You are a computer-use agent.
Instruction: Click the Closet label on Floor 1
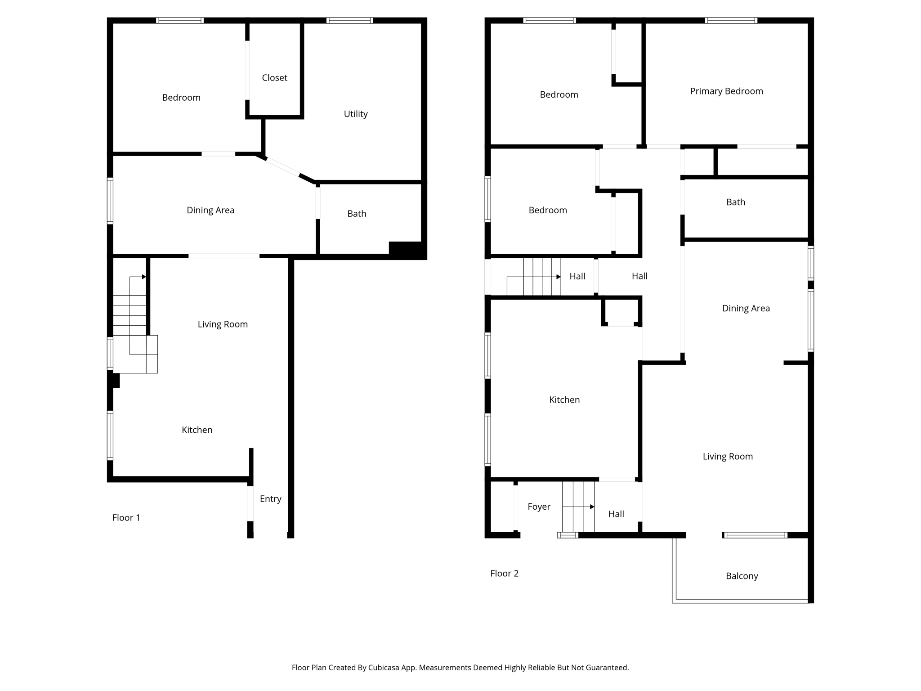point(274,78)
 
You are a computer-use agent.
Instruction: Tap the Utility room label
point(356,114)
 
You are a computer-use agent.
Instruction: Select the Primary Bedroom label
point(726,91)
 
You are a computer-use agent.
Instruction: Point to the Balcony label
point(742,576)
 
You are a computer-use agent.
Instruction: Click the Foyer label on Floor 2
point(539,507)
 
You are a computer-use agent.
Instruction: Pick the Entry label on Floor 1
point(270,499)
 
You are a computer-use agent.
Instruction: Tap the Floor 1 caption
point(126,518)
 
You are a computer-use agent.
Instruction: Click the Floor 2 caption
point(504,574)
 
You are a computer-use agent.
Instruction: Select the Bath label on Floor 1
point(357,214)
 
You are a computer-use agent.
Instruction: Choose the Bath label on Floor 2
point(736,202)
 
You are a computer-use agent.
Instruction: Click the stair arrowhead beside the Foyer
point(592,507)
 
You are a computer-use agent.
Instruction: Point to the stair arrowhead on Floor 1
point(144,277)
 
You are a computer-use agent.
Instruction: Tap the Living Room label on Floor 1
point(223,324)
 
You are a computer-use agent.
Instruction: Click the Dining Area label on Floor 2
point(746,309)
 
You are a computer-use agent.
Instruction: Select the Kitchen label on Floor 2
point(564,400)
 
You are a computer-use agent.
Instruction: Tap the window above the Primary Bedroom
point(731,20)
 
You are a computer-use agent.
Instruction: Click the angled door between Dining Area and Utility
point(283,167)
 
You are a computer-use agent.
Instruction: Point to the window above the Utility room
point(349,20)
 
